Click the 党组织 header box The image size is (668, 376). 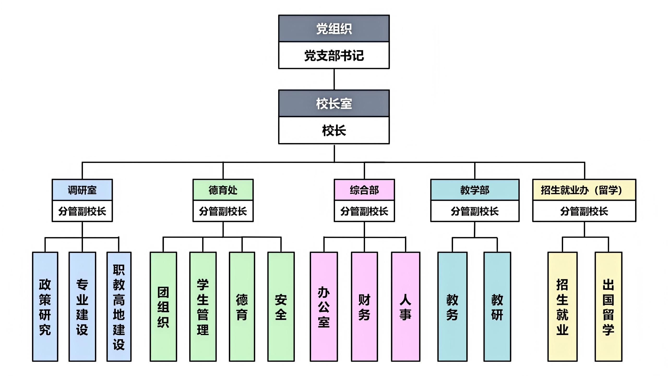click(x=334, y=28)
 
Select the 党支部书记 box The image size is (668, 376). click(x=334, y=55)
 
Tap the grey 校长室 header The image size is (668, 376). click(x=334, y=103)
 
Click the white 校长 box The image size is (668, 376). click(x=334, y=130)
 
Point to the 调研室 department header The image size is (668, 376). click(x=82, y=190)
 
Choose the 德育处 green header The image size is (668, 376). click(x=223, y=190)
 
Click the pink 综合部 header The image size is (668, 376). click(x=364, y=190)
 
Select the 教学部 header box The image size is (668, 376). click(x=475, y=190)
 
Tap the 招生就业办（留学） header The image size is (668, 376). click(x=584, y=190)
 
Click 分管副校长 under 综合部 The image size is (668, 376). click(x=364, y=211)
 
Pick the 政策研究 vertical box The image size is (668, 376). click(x=45, y=307)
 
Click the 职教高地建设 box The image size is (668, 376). click(x=119, y=307)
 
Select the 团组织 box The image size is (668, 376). click(x=163, y=307)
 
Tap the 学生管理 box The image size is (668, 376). click(x=203, y=307)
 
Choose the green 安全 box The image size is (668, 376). click(x=281, y=307)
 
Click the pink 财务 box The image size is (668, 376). click(x=364, y=307)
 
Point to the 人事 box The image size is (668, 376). click(x=405, y=307)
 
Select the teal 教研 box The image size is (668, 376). click(x=497, y=307)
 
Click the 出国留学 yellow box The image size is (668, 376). click(x=608, y=307)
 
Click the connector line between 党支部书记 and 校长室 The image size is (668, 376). click(x=334, y=79)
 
